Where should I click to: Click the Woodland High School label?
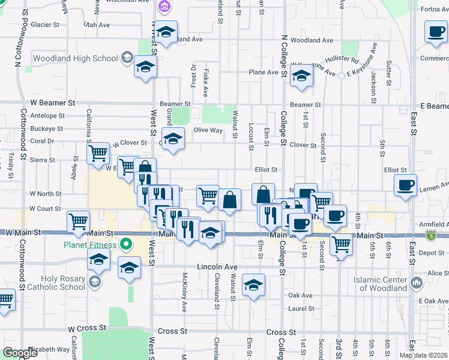pos(75,59)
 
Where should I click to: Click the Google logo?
pos(20,353)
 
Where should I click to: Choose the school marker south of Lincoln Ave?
pos(254,285)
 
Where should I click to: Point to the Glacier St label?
pos(46,25)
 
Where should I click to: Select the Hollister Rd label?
pos(342,60)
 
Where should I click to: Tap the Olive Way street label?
pos(208,130)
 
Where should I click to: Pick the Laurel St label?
pos(301,309)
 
